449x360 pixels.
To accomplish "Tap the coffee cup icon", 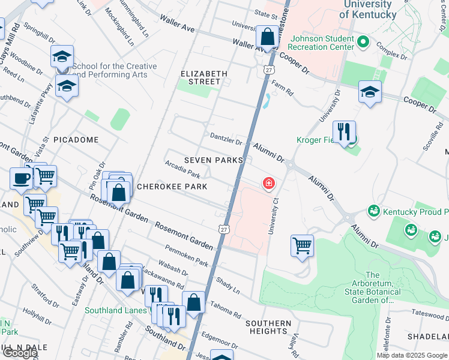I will coord(22,178).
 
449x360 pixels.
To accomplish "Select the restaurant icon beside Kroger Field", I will coord(344,132).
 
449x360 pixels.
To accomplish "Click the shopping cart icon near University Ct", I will coord(302,245).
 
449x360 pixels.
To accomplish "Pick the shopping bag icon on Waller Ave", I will coord(267,38).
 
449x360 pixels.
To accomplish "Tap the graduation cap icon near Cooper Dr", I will coord(370,92).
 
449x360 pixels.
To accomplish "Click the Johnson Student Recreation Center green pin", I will coord(362,42).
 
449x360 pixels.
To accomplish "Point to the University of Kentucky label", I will coord(368,10).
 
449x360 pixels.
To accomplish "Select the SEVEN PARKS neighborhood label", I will coord(214,160).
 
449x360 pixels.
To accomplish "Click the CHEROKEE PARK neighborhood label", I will coord(172,187).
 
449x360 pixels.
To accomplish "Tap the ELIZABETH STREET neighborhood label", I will coord(204,77).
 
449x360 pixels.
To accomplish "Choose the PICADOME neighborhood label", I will coord(76,140).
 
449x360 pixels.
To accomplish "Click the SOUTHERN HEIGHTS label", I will coord(268,327).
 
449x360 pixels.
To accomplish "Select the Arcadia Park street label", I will coord(182,169).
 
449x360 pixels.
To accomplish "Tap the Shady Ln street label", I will coord(228,286).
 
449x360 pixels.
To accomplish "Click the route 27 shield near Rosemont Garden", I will coord(223,229).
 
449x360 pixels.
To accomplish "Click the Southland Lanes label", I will coord(115,310).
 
